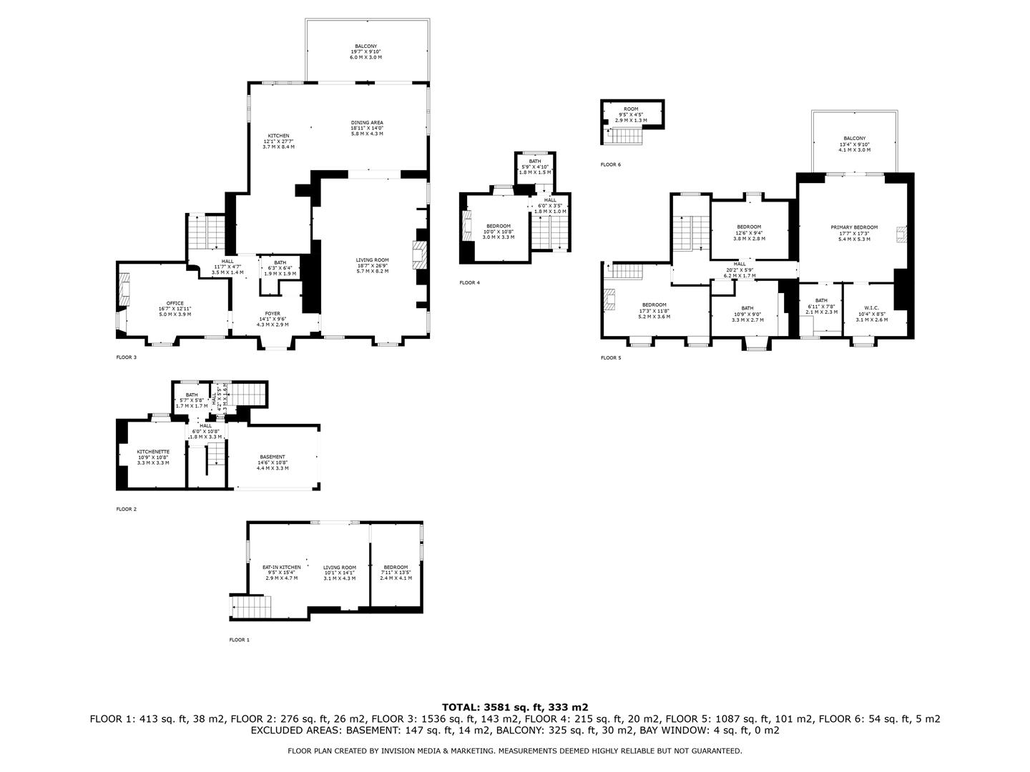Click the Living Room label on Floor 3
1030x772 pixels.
point(373,265)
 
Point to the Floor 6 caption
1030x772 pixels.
point(611,164)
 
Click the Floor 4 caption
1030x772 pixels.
point(469,283)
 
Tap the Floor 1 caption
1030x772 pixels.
point(239,640)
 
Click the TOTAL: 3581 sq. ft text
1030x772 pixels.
point(514,706)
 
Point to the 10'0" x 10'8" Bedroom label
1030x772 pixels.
point(498,231)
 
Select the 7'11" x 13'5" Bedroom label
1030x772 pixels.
point(396,572)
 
